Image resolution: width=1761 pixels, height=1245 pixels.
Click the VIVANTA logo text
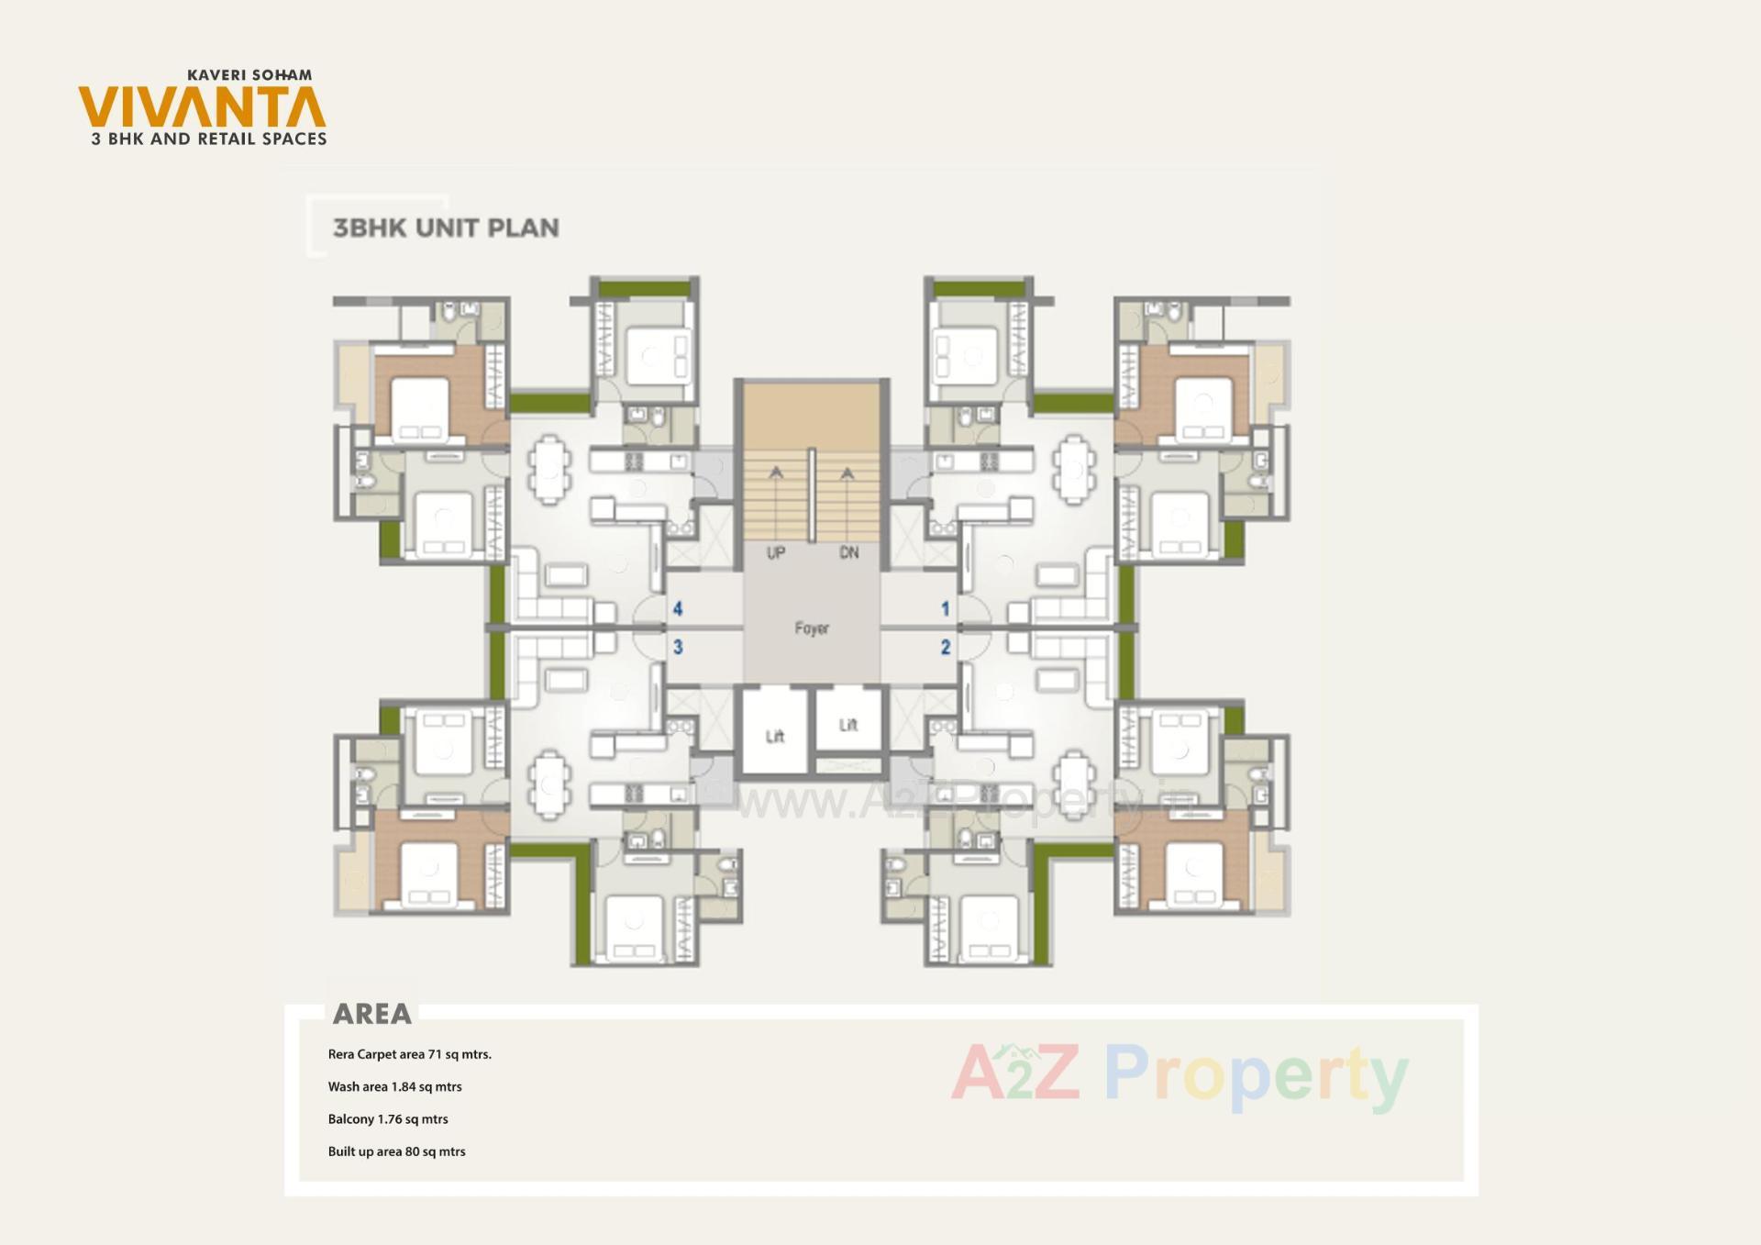click(202, 107)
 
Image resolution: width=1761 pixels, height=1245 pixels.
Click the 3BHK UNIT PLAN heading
click(446, 228)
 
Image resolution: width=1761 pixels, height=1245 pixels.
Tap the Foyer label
click(812, 628)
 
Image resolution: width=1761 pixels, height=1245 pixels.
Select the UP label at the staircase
click(776, 553)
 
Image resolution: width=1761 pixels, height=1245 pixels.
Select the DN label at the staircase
click(849, 553)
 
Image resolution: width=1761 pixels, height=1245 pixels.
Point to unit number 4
click(678, 608)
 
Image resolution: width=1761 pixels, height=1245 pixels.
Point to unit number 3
click(678, 647)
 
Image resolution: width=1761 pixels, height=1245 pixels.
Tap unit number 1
click(946, 608)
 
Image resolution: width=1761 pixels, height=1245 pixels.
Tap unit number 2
click(946, 647)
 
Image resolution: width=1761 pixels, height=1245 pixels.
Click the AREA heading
click(371, 1014)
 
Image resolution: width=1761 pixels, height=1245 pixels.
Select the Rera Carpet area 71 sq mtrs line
click(409, 1054)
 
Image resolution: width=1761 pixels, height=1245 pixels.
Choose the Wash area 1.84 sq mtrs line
click(394, 1086)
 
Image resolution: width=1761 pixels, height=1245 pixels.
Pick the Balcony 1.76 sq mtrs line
click(388, 1118)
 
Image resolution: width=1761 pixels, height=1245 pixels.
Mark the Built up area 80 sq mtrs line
click(396, 1151)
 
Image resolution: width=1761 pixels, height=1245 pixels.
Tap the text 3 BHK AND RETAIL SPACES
click(209, 139)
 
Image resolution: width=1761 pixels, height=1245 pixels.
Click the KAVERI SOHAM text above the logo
click(249, 75)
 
